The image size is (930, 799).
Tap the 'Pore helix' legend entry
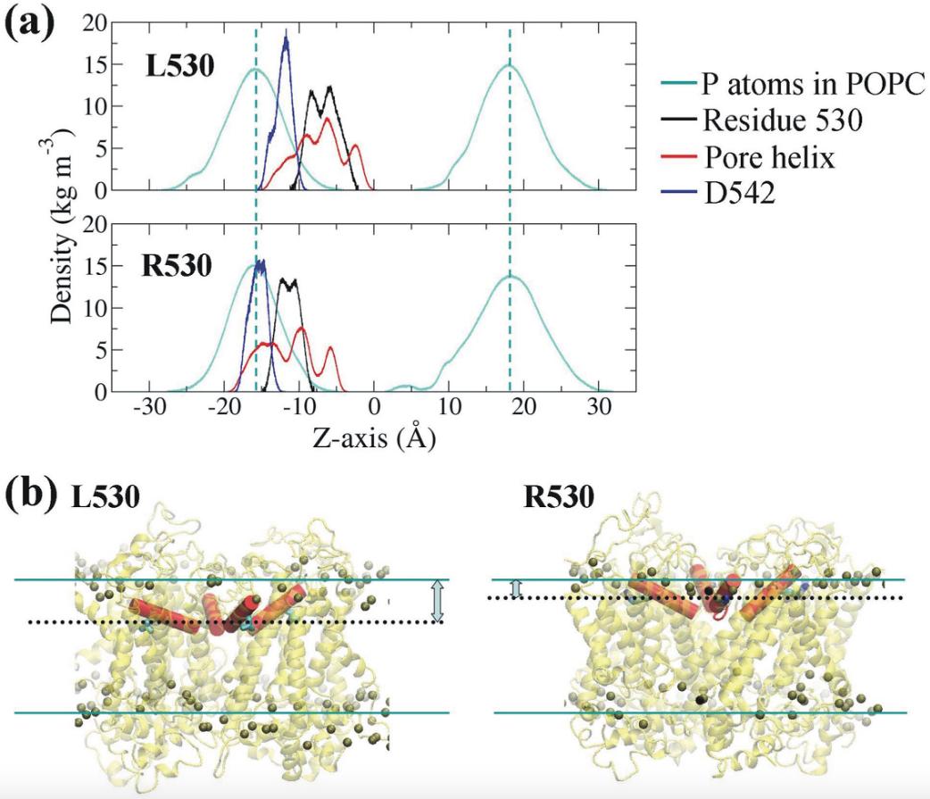[x=768, y=158]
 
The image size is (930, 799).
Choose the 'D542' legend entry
[x=740, y=193]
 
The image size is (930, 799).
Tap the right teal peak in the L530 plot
[x=510, y=66]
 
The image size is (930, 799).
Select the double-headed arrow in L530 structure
[x=436, y=600]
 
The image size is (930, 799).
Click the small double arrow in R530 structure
[x=514, y=587]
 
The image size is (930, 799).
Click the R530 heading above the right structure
[x=559, y=497]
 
